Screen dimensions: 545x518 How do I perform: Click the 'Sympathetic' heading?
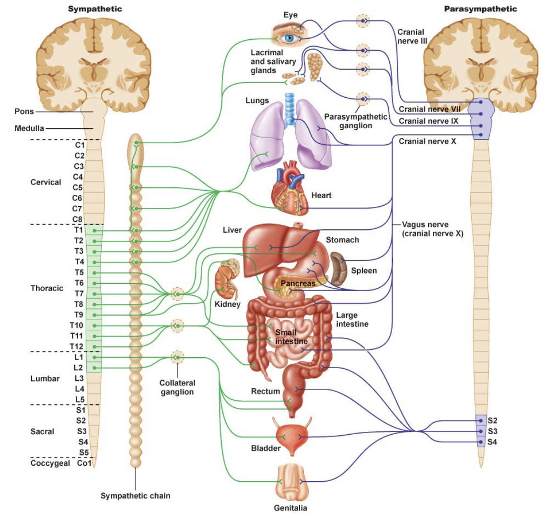[95, 9]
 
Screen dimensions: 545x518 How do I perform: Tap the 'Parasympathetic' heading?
[481, 9]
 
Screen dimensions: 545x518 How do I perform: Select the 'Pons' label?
[24, 112]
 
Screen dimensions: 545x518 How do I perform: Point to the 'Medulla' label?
[29, 128]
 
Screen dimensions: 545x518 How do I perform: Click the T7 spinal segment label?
[79, 294]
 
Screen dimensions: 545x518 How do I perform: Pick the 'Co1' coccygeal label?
[84, 463]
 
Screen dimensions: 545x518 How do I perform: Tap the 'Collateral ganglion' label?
[177, 387]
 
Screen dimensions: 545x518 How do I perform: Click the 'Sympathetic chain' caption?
[136, 496]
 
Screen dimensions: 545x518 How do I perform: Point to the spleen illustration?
[338, 269]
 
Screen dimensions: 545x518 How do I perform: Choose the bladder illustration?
[292, 437]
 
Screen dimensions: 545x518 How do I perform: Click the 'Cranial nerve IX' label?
[428, 121]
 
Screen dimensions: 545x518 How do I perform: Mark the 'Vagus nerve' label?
[425, 224]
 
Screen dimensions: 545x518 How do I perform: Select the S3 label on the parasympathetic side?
[492, 431]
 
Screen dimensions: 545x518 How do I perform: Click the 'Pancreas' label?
[298, 283]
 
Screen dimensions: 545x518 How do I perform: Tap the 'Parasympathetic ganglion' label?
[356, 121]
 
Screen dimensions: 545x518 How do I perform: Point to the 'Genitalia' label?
[290, 508]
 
